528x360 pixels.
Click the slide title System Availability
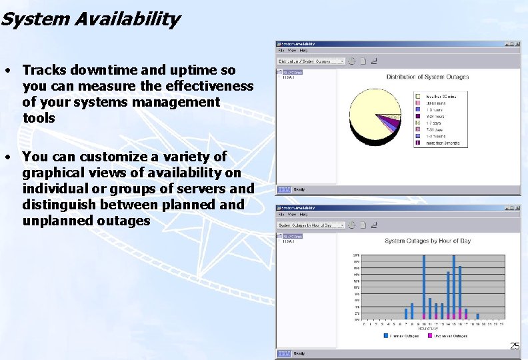click(90, 19)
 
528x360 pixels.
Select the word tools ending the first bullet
click(39, 118)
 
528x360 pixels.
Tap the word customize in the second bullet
click(113, 157)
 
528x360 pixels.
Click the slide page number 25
click(515, 346)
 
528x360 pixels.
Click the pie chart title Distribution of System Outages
click(427, 77)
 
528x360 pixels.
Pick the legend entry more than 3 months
click(441, 143)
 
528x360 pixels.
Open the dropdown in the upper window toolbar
click(341, 61)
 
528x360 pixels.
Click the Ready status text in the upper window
click(299, 189)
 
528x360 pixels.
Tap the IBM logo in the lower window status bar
click(283, 353)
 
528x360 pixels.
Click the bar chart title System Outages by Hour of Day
click(427, 241)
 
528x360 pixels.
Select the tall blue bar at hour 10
click(424, 287)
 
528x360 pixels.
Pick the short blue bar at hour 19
click(477, 317)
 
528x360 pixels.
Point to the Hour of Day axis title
click(428, 329)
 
